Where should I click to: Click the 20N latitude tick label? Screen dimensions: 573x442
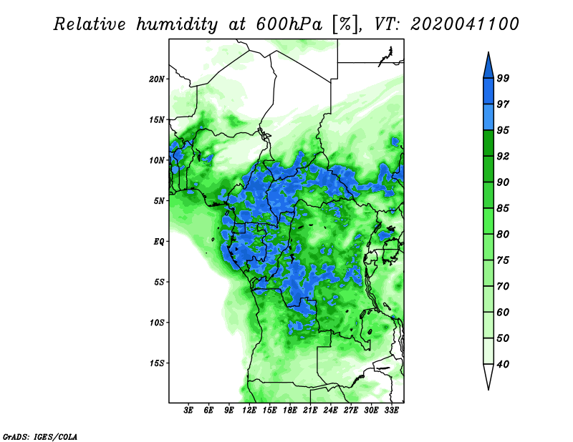(157, 79)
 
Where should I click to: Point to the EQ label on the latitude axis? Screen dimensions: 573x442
(159, 242)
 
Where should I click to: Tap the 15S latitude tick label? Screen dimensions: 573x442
(157, 363)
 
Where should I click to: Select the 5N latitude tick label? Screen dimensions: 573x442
(159, 201)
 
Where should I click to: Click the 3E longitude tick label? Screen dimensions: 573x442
(188, 411)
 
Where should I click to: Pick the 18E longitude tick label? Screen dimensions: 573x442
(290, 411)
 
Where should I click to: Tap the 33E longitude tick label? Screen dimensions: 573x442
(391, 411)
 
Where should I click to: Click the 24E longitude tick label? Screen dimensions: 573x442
(330, 411)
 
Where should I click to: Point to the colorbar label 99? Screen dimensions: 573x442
(503, 78)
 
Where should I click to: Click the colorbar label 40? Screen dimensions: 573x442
(503, 364)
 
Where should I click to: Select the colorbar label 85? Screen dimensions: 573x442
(503, 208)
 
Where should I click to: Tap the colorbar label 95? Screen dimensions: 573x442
(503, 130)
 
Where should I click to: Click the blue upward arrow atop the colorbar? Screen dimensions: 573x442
(488, 66)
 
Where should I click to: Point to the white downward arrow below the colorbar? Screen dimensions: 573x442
(488, 376)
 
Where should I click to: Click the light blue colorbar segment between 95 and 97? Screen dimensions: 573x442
(488, 117)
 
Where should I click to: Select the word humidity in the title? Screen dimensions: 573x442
(177, 24)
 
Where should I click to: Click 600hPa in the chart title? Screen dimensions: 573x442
(289, 24)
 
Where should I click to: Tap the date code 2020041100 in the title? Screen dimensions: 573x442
(464, 24)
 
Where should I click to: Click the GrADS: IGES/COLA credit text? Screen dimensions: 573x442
(40, 436)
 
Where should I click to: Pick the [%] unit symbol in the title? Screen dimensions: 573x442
(345, 24)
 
